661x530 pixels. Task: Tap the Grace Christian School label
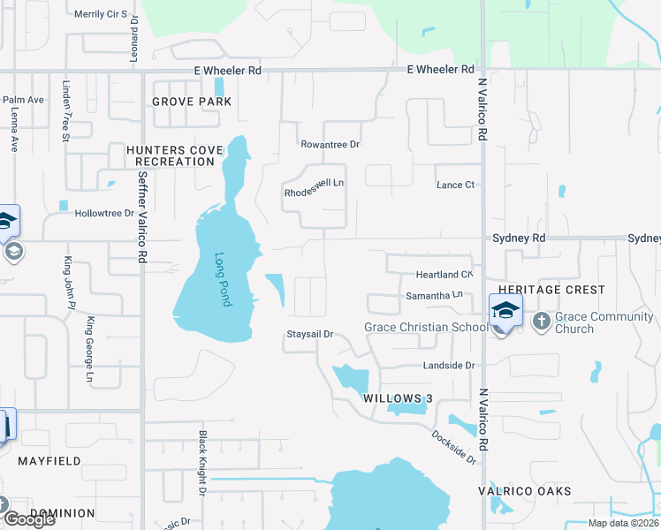coord(427,328)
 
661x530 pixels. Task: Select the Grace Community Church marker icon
coord(541,321)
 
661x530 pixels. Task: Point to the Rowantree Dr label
coord(330,144)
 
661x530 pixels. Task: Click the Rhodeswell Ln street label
coord(313,191)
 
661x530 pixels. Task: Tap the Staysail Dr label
coord(309,335)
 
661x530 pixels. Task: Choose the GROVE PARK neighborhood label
coord(192,102)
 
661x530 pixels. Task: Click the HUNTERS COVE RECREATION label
coord(171,156)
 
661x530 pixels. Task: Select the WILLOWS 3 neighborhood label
coord(398,398)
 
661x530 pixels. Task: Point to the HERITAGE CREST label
coord(552,290)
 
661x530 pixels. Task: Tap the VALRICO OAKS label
coord(537,491)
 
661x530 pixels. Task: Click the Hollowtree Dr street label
coord(104,214)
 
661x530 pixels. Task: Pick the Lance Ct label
coord(456,185)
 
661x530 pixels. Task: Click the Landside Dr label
coord(450,365)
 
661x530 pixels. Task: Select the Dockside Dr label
coord(454,448)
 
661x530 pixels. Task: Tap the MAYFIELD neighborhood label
coord(49,461)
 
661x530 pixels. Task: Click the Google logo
coord(29,519)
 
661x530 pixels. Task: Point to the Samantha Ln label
coord(434,295)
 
